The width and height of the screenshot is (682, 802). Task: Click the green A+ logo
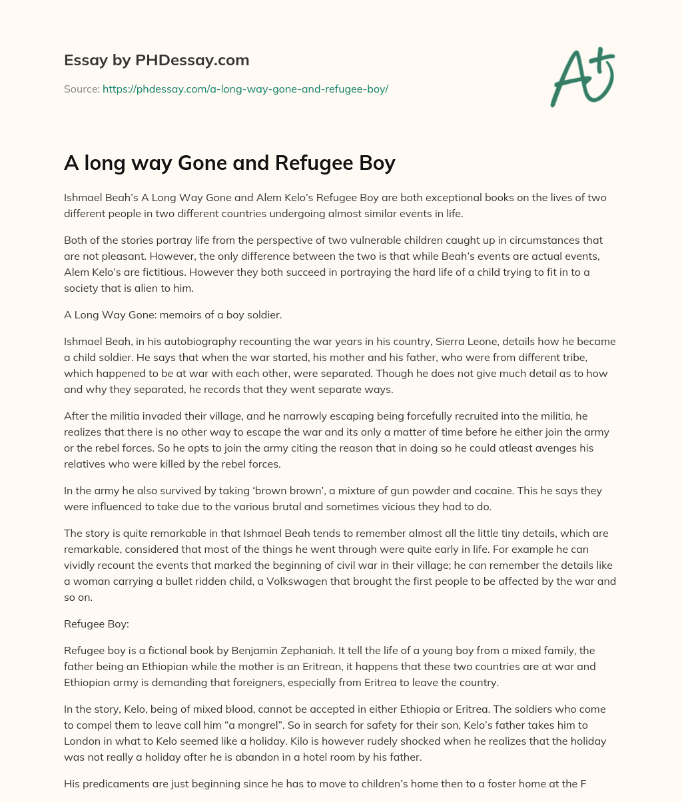581,77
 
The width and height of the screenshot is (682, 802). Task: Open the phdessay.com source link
245,89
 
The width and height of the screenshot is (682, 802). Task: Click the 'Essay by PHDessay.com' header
157,61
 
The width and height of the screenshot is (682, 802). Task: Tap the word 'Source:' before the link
82,89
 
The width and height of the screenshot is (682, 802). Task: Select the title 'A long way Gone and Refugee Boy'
230,164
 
